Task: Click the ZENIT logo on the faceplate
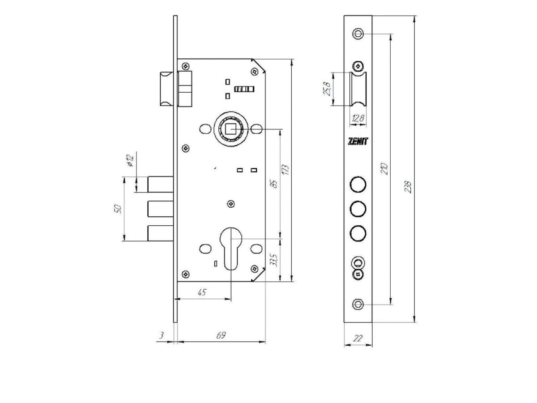358,141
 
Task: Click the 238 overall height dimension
408,187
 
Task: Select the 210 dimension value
384,168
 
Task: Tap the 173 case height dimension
285,170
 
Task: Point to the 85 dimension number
275,184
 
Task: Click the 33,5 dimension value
274,260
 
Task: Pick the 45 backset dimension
202,292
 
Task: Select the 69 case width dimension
221,335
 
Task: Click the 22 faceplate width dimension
358,338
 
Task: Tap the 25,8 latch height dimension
327,89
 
